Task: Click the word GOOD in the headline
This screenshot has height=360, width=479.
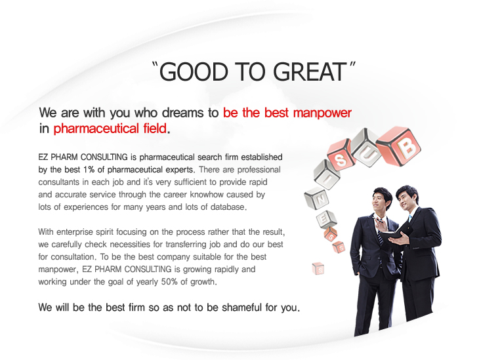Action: pyautogui.click(x=194, y=71)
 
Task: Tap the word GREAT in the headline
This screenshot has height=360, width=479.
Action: pyautogui.click(x=309, y=71)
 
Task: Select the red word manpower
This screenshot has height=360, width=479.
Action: pyautogui.click(x=322, y=113)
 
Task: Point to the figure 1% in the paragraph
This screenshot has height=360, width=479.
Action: pyautogui.click(x=89, y=169)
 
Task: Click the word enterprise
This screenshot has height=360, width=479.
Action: pyautogui.click(x=75, y=232)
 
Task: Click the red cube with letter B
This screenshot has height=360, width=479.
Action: pyautogui.click(x=399, y=146)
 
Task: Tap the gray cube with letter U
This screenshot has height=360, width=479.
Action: pyautogui.click(x=366, y=148)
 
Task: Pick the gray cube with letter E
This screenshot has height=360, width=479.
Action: pyautogui.click(x=326, y=219)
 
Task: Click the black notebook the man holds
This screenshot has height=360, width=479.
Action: pyautogui.click(x=396, y=233)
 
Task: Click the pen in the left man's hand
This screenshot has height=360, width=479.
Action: pyautogui.click(x=378, y=219)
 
